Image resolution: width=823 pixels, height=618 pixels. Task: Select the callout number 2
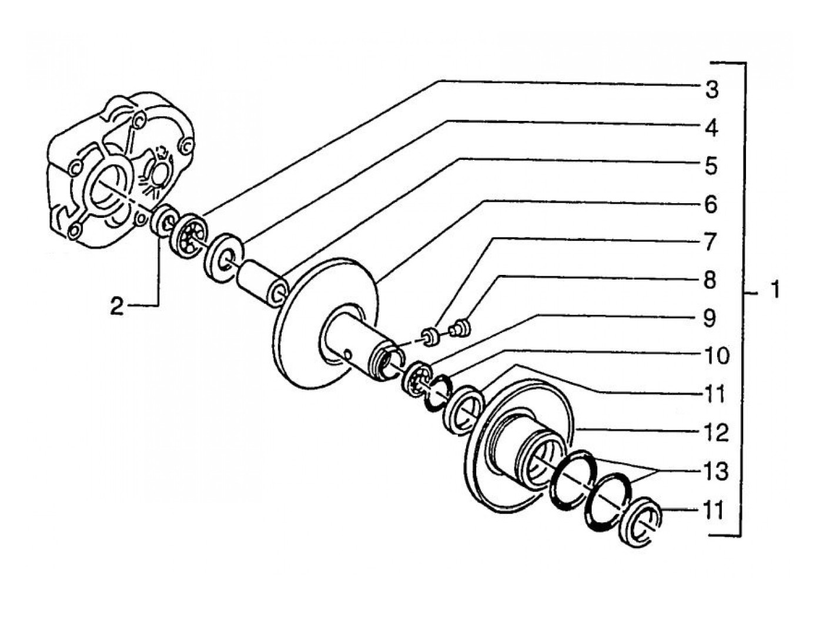[116, 307]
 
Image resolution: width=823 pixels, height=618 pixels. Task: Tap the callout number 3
[711, 90]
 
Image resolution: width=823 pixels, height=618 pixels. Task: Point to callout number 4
[711, 129]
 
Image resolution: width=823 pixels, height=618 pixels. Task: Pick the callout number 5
[711, 166]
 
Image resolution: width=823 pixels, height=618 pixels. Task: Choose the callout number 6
[711, 204]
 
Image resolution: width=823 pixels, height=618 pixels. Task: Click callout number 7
[711, 242]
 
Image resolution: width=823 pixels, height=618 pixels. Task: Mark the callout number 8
[711, 280]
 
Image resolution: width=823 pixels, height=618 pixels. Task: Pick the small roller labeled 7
[430, 337]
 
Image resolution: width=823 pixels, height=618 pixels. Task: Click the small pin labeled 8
[460, 327]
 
